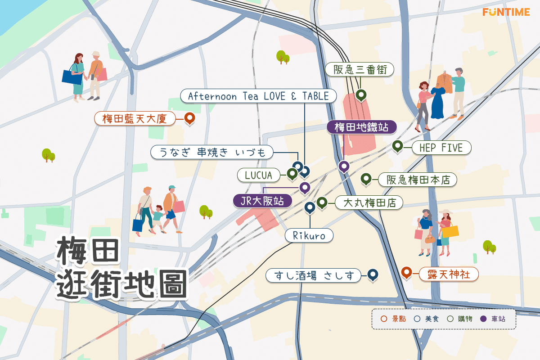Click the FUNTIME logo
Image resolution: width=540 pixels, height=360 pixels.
point(506,12)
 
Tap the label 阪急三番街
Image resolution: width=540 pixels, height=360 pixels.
point(360,70)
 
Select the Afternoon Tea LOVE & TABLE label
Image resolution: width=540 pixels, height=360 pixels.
point(258,96)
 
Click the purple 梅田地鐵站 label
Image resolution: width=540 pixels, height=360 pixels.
point(361,127)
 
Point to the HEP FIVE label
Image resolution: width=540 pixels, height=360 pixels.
point(441,147)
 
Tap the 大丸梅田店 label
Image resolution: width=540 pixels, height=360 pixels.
point(369,203)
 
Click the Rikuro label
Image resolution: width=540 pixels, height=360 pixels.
point(309,235)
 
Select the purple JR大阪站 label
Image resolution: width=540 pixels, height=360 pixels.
point(262,201)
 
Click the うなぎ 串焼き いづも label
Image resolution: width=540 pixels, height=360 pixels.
point(212,152)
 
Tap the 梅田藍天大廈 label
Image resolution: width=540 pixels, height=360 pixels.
point(135,119)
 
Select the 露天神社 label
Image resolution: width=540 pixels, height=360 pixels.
point(448,274)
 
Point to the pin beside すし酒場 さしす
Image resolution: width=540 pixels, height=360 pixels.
point(372,274)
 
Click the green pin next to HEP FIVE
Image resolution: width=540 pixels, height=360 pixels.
point(397,146)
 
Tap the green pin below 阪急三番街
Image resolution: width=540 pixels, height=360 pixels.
point(360,95)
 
